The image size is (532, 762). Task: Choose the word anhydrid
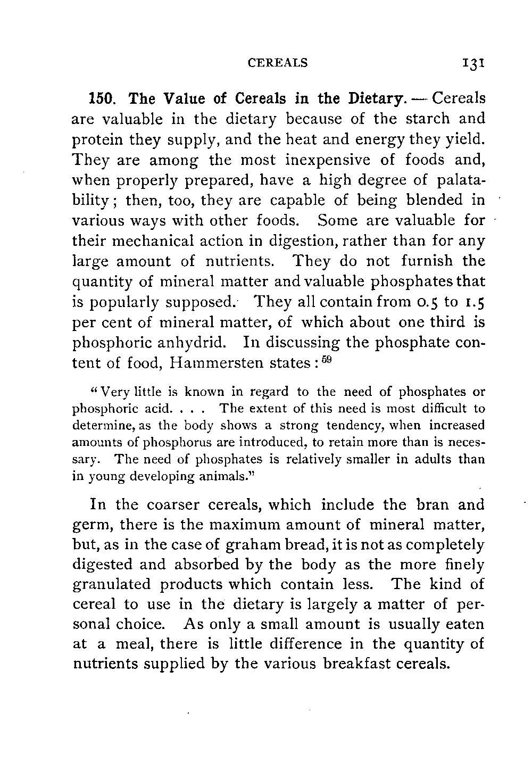pos(189,343)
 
